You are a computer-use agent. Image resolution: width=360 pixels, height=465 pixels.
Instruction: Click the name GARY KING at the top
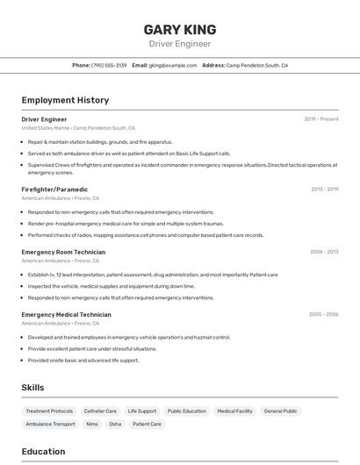click(179, 29)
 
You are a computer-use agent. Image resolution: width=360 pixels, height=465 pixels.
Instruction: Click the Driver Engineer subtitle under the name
click(179, 43)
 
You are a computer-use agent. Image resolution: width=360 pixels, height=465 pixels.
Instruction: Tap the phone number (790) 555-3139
click(109, 65)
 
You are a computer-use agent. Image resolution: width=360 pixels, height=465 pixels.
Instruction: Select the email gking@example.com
click(172, 65)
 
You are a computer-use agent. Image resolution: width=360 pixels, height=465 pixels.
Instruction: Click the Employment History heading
click(65, 100)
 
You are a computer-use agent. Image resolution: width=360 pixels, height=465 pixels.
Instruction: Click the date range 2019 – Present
click(321, 119)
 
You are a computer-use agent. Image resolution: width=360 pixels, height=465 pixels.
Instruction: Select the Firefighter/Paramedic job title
click(54, 189)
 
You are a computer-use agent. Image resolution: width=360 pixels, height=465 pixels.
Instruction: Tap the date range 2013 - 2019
click(324, 189)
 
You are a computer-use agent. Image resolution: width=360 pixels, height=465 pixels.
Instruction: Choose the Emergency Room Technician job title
click(63, 252)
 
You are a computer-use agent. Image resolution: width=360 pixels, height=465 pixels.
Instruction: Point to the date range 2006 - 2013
click(324, 252)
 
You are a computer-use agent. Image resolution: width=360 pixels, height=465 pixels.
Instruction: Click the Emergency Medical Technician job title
click(66, 314)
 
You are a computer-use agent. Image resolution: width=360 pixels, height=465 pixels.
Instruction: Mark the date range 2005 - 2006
click(323, 314)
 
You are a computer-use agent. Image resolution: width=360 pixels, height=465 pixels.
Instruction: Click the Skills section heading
click(32, 388)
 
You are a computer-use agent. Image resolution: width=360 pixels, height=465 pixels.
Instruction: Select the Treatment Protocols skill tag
click(49, 411)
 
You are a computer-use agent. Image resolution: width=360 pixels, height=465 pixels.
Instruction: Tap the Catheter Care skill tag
click(100, 411)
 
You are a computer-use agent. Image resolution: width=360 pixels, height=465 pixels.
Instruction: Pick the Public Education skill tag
click(187, 411)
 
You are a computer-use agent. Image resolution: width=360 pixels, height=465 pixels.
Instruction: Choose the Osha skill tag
click(115, 424)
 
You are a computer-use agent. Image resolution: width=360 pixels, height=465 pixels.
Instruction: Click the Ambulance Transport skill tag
click(50, 424)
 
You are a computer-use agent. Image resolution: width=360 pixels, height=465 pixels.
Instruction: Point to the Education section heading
click(43, 452)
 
